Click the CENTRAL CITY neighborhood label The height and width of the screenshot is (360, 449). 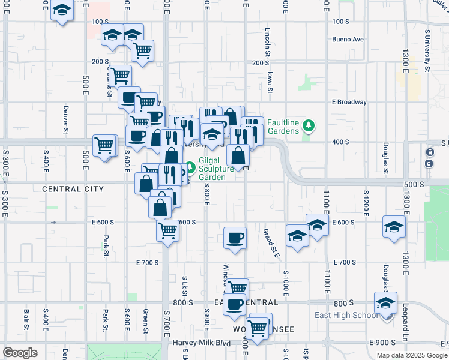pyautogui.click(x=73, y=189)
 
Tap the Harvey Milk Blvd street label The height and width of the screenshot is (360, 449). pyautogui.click(x=202, y=343)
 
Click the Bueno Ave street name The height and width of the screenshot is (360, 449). pyautogui.click(x=348, y=40)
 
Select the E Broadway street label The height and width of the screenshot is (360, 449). pyautogui.click(x=349, y=102)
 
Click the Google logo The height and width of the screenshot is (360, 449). pyautogui.click(x=20, y=353)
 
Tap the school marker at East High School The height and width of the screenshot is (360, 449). pyautogui.click(x=385, y=304)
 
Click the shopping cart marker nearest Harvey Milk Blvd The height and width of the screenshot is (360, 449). pyautogui.click(x=258, y=328)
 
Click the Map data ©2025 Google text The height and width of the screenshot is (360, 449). pyautogui.click(x=411, y=355)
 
